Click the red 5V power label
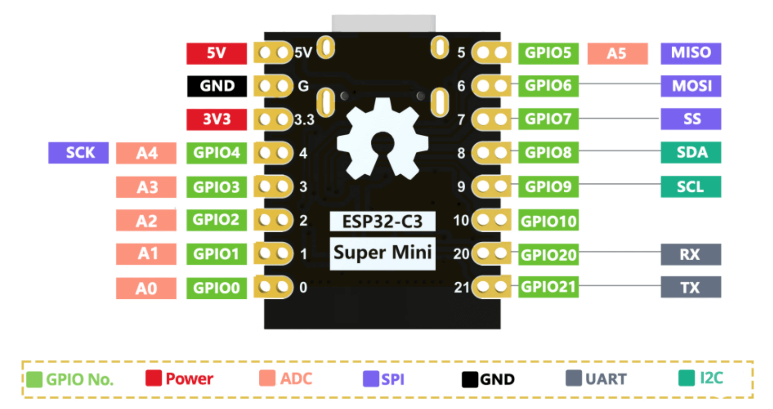[x=216, y=53]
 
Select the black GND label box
[x=217, y=86]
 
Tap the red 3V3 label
[x=217, y=119]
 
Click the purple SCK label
[x=78, y=153]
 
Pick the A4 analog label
[x=146, y=153]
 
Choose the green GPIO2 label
[x=216, y=220]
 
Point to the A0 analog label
[x=146, y=288]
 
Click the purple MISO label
[x=691, y=53]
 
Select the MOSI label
[x=691, y=86]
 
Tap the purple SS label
[x=691, y=119]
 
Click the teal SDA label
[x=691, y=153]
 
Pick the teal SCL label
[x=691, y=187]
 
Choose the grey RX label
[x=691, y=254]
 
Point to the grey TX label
[x=691, y=287]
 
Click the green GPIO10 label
[x=548, y=221]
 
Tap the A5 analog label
[x=617, y=53]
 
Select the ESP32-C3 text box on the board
[x=382, y=221]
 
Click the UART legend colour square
[x=574, y=378]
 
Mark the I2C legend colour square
[x=686, y=378]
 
